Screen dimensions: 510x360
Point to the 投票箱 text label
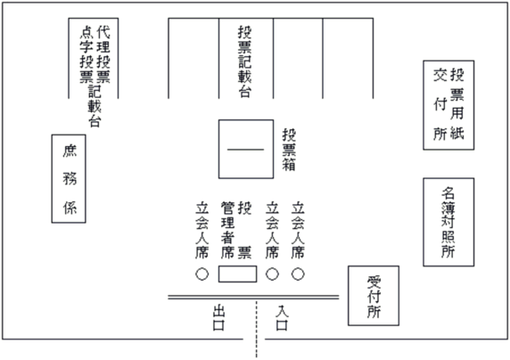point(289,150)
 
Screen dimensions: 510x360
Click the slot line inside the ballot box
point(245,150)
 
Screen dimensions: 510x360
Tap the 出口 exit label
point(218,319)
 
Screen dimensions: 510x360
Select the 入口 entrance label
point(282,318)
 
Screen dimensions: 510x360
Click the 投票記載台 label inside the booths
point(245,61)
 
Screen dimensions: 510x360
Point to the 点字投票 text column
point(86,54)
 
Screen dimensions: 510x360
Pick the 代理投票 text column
point(103,54)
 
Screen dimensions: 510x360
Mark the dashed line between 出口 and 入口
point(256,329)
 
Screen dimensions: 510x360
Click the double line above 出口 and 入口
point(253,298)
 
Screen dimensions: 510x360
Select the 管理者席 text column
point(227,230)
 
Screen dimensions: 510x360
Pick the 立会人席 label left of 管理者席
point(202,230)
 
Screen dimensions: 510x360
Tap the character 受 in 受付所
point(374,282)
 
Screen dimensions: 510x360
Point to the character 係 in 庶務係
point(70,208)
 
